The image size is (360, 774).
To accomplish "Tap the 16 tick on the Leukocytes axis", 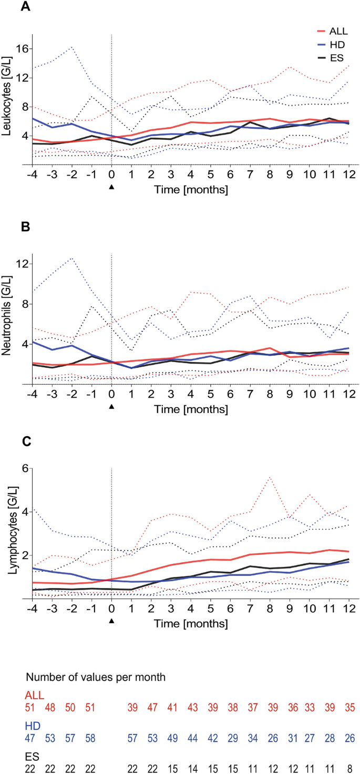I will pyautogui.click(x=20, y=49).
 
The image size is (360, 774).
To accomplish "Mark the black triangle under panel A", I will pyautogui.click(x=111, y=185).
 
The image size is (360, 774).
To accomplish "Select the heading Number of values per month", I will pyautogui.click(x=98, y=676).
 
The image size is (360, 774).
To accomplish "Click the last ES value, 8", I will pyautogui.click(x=349, y=769).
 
